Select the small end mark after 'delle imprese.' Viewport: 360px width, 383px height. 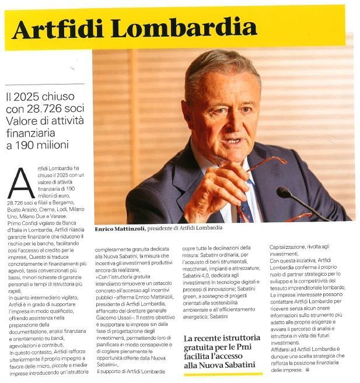click(307, 370)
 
